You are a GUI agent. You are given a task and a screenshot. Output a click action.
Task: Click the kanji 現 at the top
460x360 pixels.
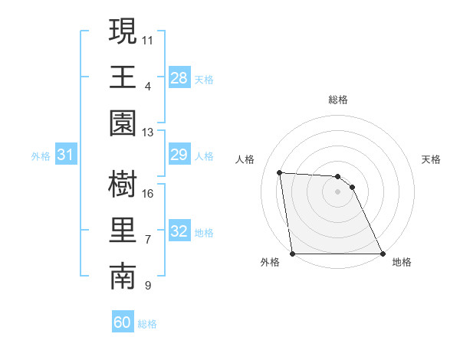[123, 32]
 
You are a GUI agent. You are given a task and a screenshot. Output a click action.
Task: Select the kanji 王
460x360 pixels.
[123, 77]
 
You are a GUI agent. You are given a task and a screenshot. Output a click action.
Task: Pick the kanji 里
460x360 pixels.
[123, 231]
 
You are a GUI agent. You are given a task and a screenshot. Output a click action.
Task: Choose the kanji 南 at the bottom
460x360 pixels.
[123, 277]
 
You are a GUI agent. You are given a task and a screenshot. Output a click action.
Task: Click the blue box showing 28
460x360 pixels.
[179, 77]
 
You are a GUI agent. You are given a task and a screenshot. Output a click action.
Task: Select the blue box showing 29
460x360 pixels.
[179, 155]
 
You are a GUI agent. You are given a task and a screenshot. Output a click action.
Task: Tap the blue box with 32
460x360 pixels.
[179, 231]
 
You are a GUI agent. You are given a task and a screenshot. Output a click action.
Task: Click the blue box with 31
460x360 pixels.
[66, 155]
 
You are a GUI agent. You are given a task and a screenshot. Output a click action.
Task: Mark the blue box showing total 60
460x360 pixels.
[123, 322]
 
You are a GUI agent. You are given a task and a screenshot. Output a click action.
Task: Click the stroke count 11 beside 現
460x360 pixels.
[148, 38]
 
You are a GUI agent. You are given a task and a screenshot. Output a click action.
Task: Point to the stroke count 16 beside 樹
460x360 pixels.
[148, 192]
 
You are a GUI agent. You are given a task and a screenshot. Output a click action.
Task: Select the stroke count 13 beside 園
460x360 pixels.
[148, 133]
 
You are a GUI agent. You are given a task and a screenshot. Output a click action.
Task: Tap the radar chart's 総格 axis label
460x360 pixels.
[338, 100]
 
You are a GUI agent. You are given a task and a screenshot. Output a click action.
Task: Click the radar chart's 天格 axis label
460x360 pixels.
[432, 159]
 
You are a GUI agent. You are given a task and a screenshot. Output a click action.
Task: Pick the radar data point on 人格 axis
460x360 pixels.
[280, 173]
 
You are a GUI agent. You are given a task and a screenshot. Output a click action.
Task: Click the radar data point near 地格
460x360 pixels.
[383, 254]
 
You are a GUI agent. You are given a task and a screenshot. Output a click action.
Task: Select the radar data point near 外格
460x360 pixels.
[292, 254]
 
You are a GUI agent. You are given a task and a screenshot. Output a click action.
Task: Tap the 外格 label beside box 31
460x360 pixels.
[41, 156]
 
